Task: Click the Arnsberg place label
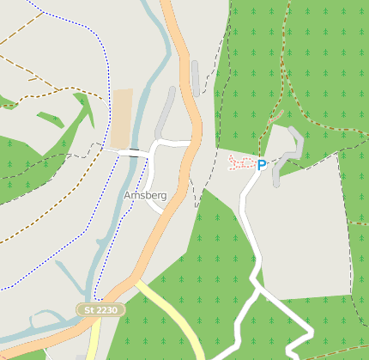pyautogui.click(x=145, y=196)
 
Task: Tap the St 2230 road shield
pyautogui.click(x=100, y=308)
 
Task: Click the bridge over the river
pyautogui.click(x=132, y=152)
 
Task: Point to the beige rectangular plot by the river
pyautogui.click(x=122, y=118)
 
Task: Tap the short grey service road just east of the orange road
pyautogui.click(x=197, y=77)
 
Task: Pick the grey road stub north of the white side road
pyautogui.click(x=164, y=116)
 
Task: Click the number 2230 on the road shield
pyautogui.click(x=107, y=308)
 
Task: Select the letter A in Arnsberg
pyautogui.click(x=127, y=196)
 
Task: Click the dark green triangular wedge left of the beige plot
pyautogui.click(x=85, y=112)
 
